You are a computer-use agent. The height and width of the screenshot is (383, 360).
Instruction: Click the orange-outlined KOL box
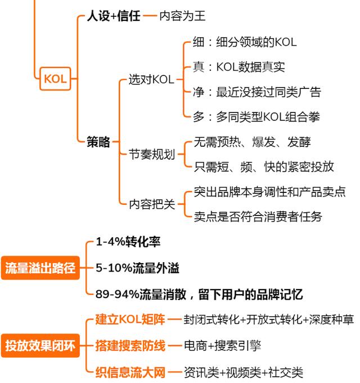55,79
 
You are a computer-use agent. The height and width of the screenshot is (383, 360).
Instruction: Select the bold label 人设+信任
114,16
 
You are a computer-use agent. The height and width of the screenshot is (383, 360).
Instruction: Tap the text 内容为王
182,16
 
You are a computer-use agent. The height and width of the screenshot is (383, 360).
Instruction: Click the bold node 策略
98,142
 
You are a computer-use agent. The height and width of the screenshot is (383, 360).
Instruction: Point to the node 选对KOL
151,79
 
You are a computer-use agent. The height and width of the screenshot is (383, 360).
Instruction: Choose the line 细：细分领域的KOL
245,42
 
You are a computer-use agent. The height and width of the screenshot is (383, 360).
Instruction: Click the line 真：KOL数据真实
239,67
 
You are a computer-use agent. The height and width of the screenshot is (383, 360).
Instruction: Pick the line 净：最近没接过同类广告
256,92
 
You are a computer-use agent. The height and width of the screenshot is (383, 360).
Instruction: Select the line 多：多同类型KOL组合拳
256,117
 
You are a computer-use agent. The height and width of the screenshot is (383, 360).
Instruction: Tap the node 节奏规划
152,154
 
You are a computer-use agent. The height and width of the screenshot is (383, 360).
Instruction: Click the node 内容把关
152,204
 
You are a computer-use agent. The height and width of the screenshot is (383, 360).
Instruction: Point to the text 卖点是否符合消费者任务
258,217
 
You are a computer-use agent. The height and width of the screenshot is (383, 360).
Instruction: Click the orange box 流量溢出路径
40,268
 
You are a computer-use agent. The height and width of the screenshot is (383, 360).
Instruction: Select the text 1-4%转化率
128,242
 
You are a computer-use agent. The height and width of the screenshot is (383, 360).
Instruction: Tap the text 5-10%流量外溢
137,268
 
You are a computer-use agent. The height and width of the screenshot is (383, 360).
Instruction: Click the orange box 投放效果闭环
40,346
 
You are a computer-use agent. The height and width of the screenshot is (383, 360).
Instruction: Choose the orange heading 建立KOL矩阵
130,319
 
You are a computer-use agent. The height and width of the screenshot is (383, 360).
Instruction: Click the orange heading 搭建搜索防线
130,346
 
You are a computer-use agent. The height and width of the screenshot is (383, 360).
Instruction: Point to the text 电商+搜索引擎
223,346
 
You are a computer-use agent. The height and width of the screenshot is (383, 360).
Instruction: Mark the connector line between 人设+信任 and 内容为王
150,16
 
